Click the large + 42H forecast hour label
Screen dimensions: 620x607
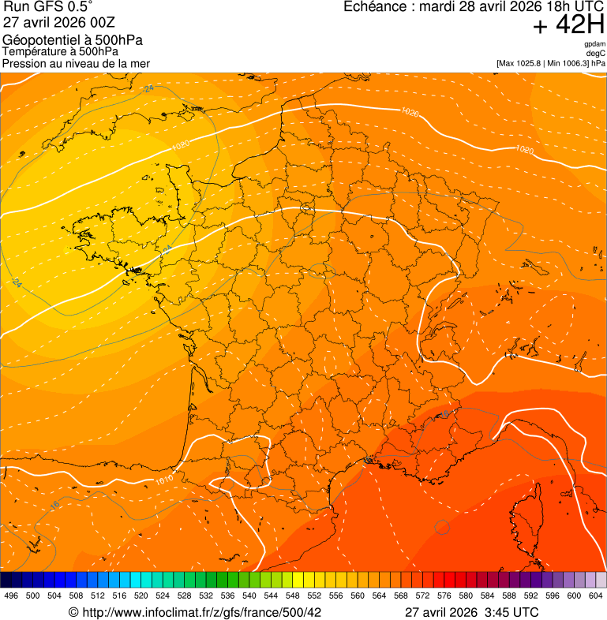pos(568,25)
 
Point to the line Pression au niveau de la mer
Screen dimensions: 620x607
pos(76,63)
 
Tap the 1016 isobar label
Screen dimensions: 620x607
pos(165,479)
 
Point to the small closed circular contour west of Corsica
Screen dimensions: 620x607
pos(442,526)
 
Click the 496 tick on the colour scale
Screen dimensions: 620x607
pos(11,596)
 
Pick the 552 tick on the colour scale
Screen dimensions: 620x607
pos(314,596)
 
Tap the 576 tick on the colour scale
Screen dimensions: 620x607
pos(444,596)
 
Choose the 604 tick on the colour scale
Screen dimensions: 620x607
pos(596,596)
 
